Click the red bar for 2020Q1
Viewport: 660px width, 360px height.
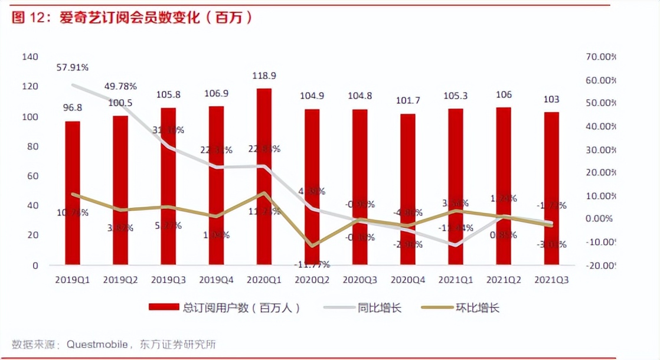point(264,177)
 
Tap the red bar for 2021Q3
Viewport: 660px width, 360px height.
point(551,189)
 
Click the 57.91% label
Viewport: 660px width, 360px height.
point(73,67)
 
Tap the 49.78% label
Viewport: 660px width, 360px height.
point(120,86)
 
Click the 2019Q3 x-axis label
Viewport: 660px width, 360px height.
point(168,280)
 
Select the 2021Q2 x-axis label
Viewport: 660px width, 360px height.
point(503,280)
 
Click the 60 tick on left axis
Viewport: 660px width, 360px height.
point(32,176)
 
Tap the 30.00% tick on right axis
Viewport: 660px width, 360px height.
point(600,149)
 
